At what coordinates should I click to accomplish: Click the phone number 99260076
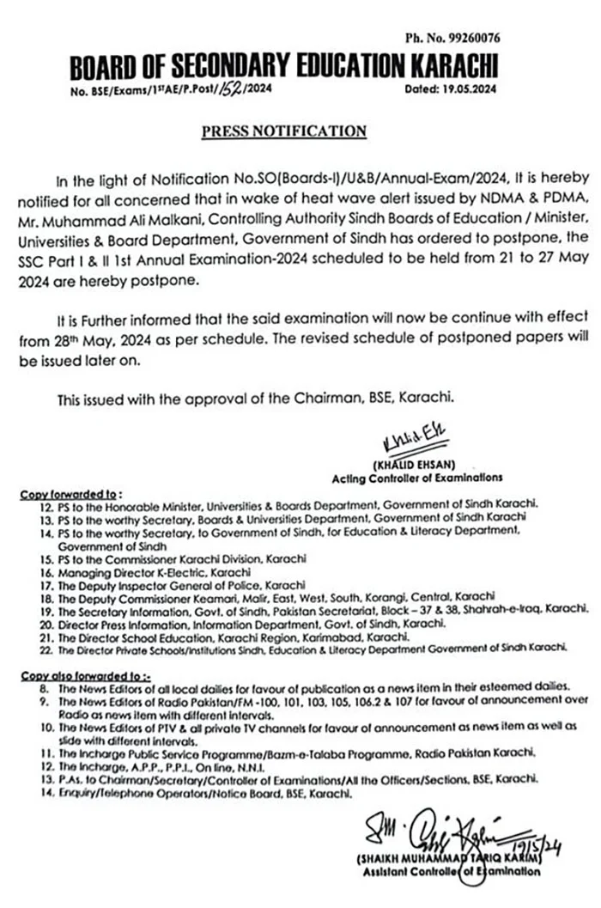(x=470, y=38)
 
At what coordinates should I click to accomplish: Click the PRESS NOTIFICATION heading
(x=284, y=131)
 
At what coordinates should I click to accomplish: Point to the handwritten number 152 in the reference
(x=229, y=88)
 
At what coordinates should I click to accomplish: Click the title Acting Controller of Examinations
(x=417, y=477)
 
